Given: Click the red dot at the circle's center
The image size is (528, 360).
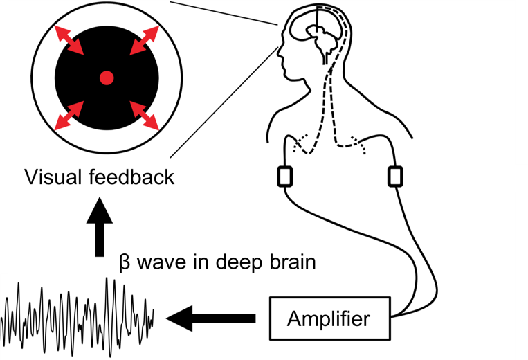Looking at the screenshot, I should (x=106, y=78).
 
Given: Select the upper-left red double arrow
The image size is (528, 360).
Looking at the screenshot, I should (x=69, y=39).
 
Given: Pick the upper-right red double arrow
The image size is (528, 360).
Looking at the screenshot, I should (x=143, y=39).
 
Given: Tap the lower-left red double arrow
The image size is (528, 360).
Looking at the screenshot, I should (x=69, y=116).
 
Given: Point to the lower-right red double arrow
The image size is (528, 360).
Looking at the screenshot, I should (x=143, y=116).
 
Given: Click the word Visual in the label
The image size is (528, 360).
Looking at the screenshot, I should (x=53, y=178).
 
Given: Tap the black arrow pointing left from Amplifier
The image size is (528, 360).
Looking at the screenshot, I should (x=210, y=320).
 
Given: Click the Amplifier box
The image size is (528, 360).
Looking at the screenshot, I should (x=329, y=320).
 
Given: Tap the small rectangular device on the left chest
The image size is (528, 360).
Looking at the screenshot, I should (x=284, y=176).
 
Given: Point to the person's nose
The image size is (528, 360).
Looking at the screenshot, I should (x=278, y=52).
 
